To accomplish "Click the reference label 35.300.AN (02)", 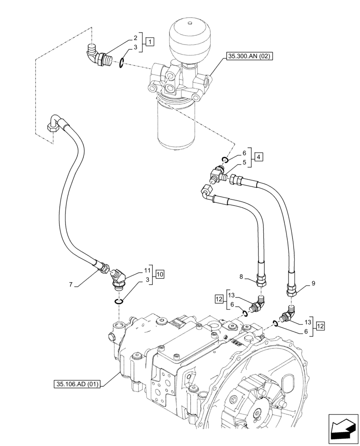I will coord(249,56).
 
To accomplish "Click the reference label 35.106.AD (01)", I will coord(77,384).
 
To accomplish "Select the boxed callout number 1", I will coord(150,42).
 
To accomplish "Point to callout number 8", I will coord(241,277).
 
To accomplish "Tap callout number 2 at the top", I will coord(135,38).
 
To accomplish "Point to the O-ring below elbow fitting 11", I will coord(118,301).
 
